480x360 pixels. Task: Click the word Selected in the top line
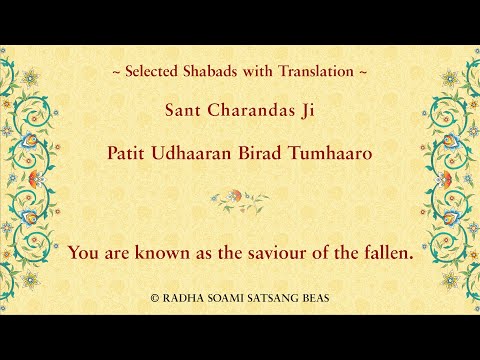pyautogui.click(x=151, y=72)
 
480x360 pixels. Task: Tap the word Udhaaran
pyautogui.click(x=199, y=155)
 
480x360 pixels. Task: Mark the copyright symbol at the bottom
pyautogui.click(x=154, y=298)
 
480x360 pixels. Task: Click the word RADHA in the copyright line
pyautogui.click(x=181, y=298)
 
